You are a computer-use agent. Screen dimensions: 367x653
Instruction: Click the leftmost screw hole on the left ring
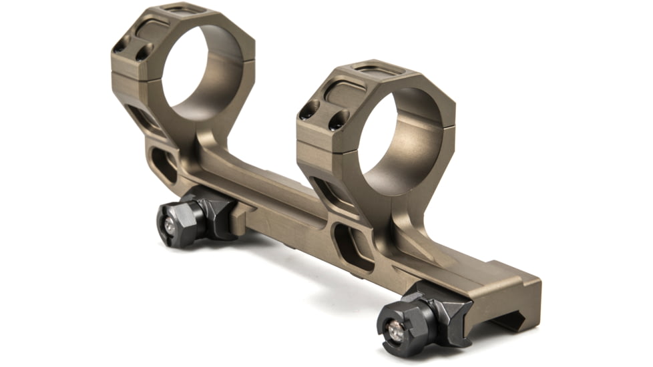tap(120, 47)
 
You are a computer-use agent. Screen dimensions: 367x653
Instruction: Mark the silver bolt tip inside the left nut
tap(170, 226)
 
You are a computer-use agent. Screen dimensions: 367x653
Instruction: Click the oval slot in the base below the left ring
tap(164, 165)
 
